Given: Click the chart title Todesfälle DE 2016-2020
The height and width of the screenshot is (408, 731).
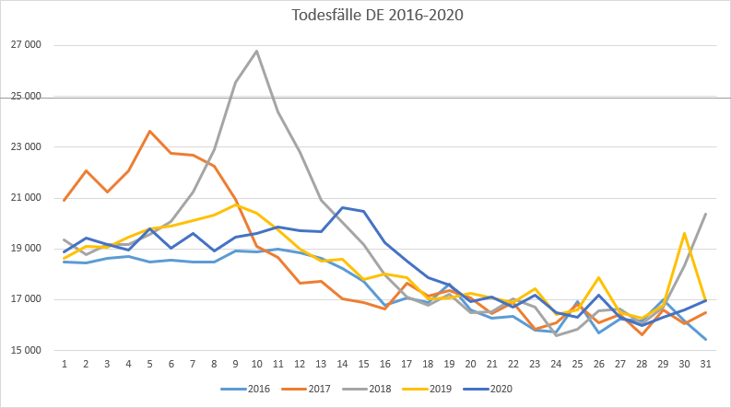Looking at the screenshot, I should [x=365, y=16].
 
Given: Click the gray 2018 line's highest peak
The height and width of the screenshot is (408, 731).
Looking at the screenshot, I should [x=256, y=51].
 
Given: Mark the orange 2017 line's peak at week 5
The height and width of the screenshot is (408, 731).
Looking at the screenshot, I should [x=149, y=131].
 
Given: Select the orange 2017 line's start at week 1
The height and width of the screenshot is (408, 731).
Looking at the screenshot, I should [x=65, y=200].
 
